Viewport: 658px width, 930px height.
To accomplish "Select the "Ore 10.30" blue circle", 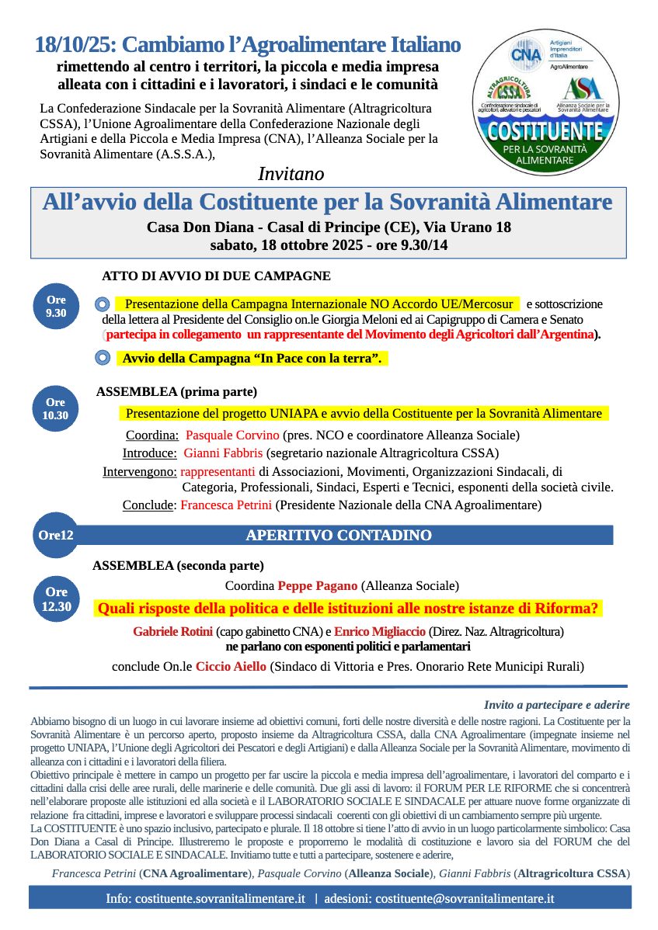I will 55,408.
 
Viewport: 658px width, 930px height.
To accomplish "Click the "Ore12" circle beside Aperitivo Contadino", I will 55,535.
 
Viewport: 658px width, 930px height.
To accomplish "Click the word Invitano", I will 291,173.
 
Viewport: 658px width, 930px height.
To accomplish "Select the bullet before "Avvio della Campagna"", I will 103,358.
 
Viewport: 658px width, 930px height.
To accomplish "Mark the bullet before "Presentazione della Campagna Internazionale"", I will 103,304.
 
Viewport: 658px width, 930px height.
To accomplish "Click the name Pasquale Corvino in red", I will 233,435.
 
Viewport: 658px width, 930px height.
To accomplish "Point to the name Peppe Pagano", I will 318,585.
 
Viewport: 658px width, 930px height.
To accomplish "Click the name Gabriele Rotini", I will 172,632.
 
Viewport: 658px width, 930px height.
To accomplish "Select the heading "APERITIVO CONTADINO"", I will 338,536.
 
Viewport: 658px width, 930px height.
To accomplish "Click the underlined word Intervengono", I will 139,471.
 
